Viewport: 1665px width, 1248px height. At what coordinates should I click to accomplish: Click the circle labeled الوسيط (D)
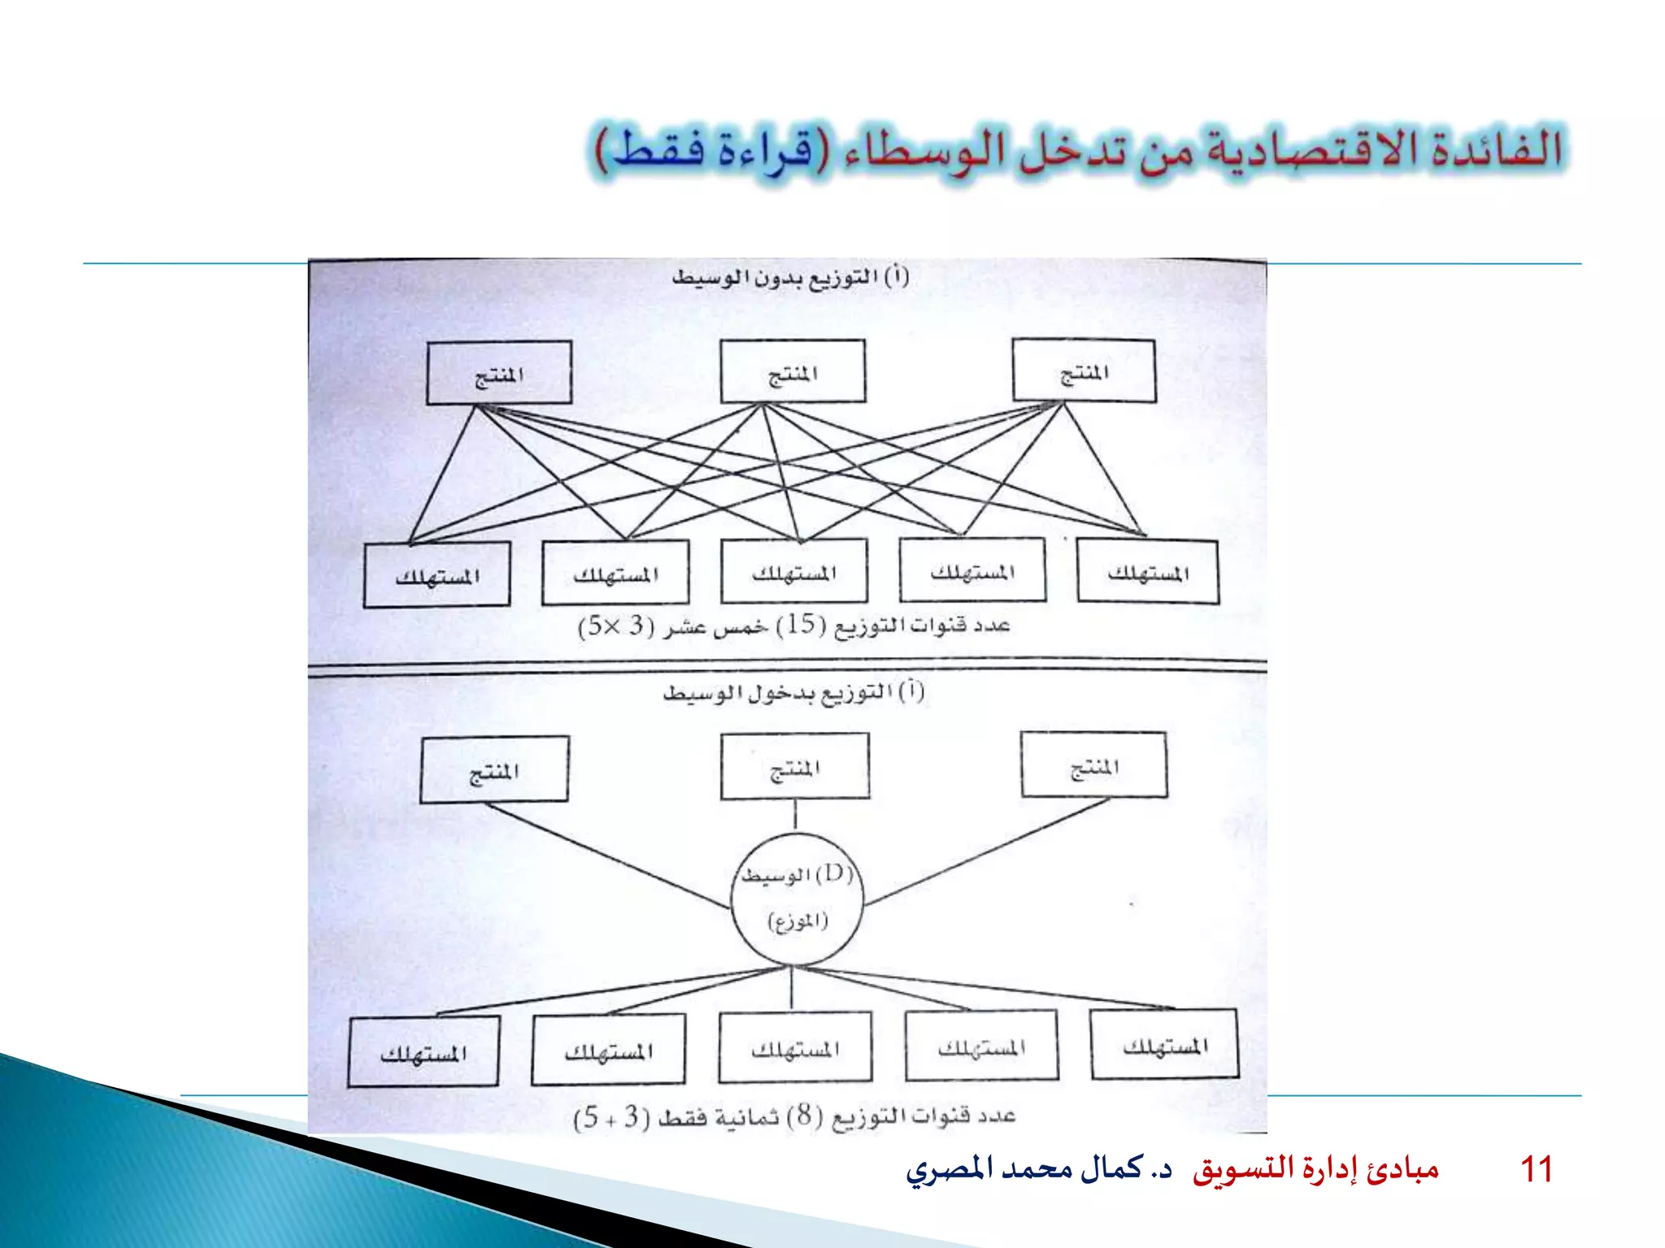pos(795,899)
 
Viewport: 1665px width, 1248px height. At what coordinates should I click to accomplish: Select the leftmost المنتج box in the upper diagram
pos(499,373)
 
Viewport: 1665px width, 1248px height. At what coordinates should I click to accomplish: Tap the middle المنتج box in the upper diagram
pos(793,371)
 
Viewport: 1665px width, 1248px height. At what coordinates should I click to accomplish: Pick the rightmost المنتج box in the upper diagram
pos(1084,370)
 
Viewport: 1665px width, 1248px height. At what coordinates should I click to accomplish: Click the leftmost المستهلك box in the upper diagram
pos(437,574)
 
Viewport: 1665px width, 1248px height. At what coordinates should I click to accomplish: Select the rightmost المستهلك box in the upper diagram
pos(1148,572)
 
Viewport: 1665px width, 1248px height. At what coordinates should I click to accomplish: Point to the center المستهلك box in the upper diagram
pos(793,571)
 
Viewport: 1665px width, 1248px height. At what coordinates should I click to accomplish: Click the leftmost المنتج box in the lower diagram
pos(494,769)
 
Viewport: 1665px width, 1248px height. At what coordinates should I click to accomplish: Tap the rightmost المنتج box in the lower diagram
pos(1094,765)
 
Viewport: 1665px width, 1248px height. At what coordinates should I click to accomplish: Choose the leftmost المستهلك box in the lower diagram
pos(423,1051)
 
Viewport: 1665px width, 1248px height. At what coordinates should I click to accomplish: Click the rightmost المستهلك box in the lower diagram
pos(1164,1045)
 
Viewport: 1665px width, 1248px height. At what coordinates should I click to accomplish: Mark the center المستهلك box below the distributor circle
pos(795,1047)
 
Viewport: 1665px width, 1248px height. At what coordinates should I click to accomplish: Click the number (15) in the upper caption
pos(800,624)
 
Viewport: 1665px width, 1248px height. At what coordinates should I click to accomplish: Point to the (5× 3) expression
pos(615,626)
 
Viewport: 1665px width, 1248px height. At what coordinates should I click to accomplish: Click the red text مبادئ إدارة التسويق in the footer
pos(1315,1169)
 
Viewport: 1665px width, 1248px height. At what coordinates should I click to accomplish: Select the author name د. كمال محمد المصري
pos(1039,1169)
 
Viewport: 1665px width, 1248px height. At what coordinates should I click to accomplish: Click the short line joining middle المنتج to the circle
pos(795,815)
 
